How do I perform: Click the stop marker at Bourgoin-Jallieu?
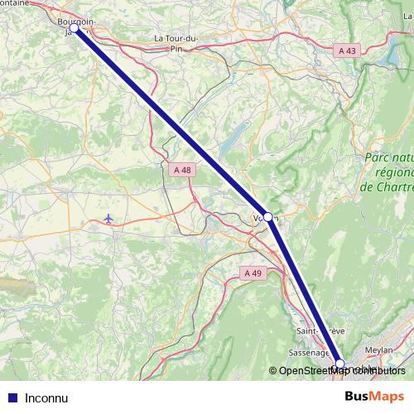pos(75,28)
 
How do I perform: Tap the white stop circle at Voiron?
pos(267,217)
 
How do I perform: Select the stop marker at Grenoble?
pos(339,363)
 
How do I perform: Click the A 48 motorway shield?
pos(182,170)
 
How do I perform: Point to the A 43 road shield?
pos(348,51)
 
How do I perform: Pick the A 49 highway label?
pos(253,273)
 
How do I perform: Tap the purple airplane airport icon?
pos(109,219)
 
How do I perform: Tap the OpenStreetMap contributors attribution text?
pos(338,371)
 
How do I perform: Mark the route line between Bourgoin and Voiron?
pos(170,122)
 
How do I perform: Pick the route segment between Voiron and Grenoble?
pos(303,290)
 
